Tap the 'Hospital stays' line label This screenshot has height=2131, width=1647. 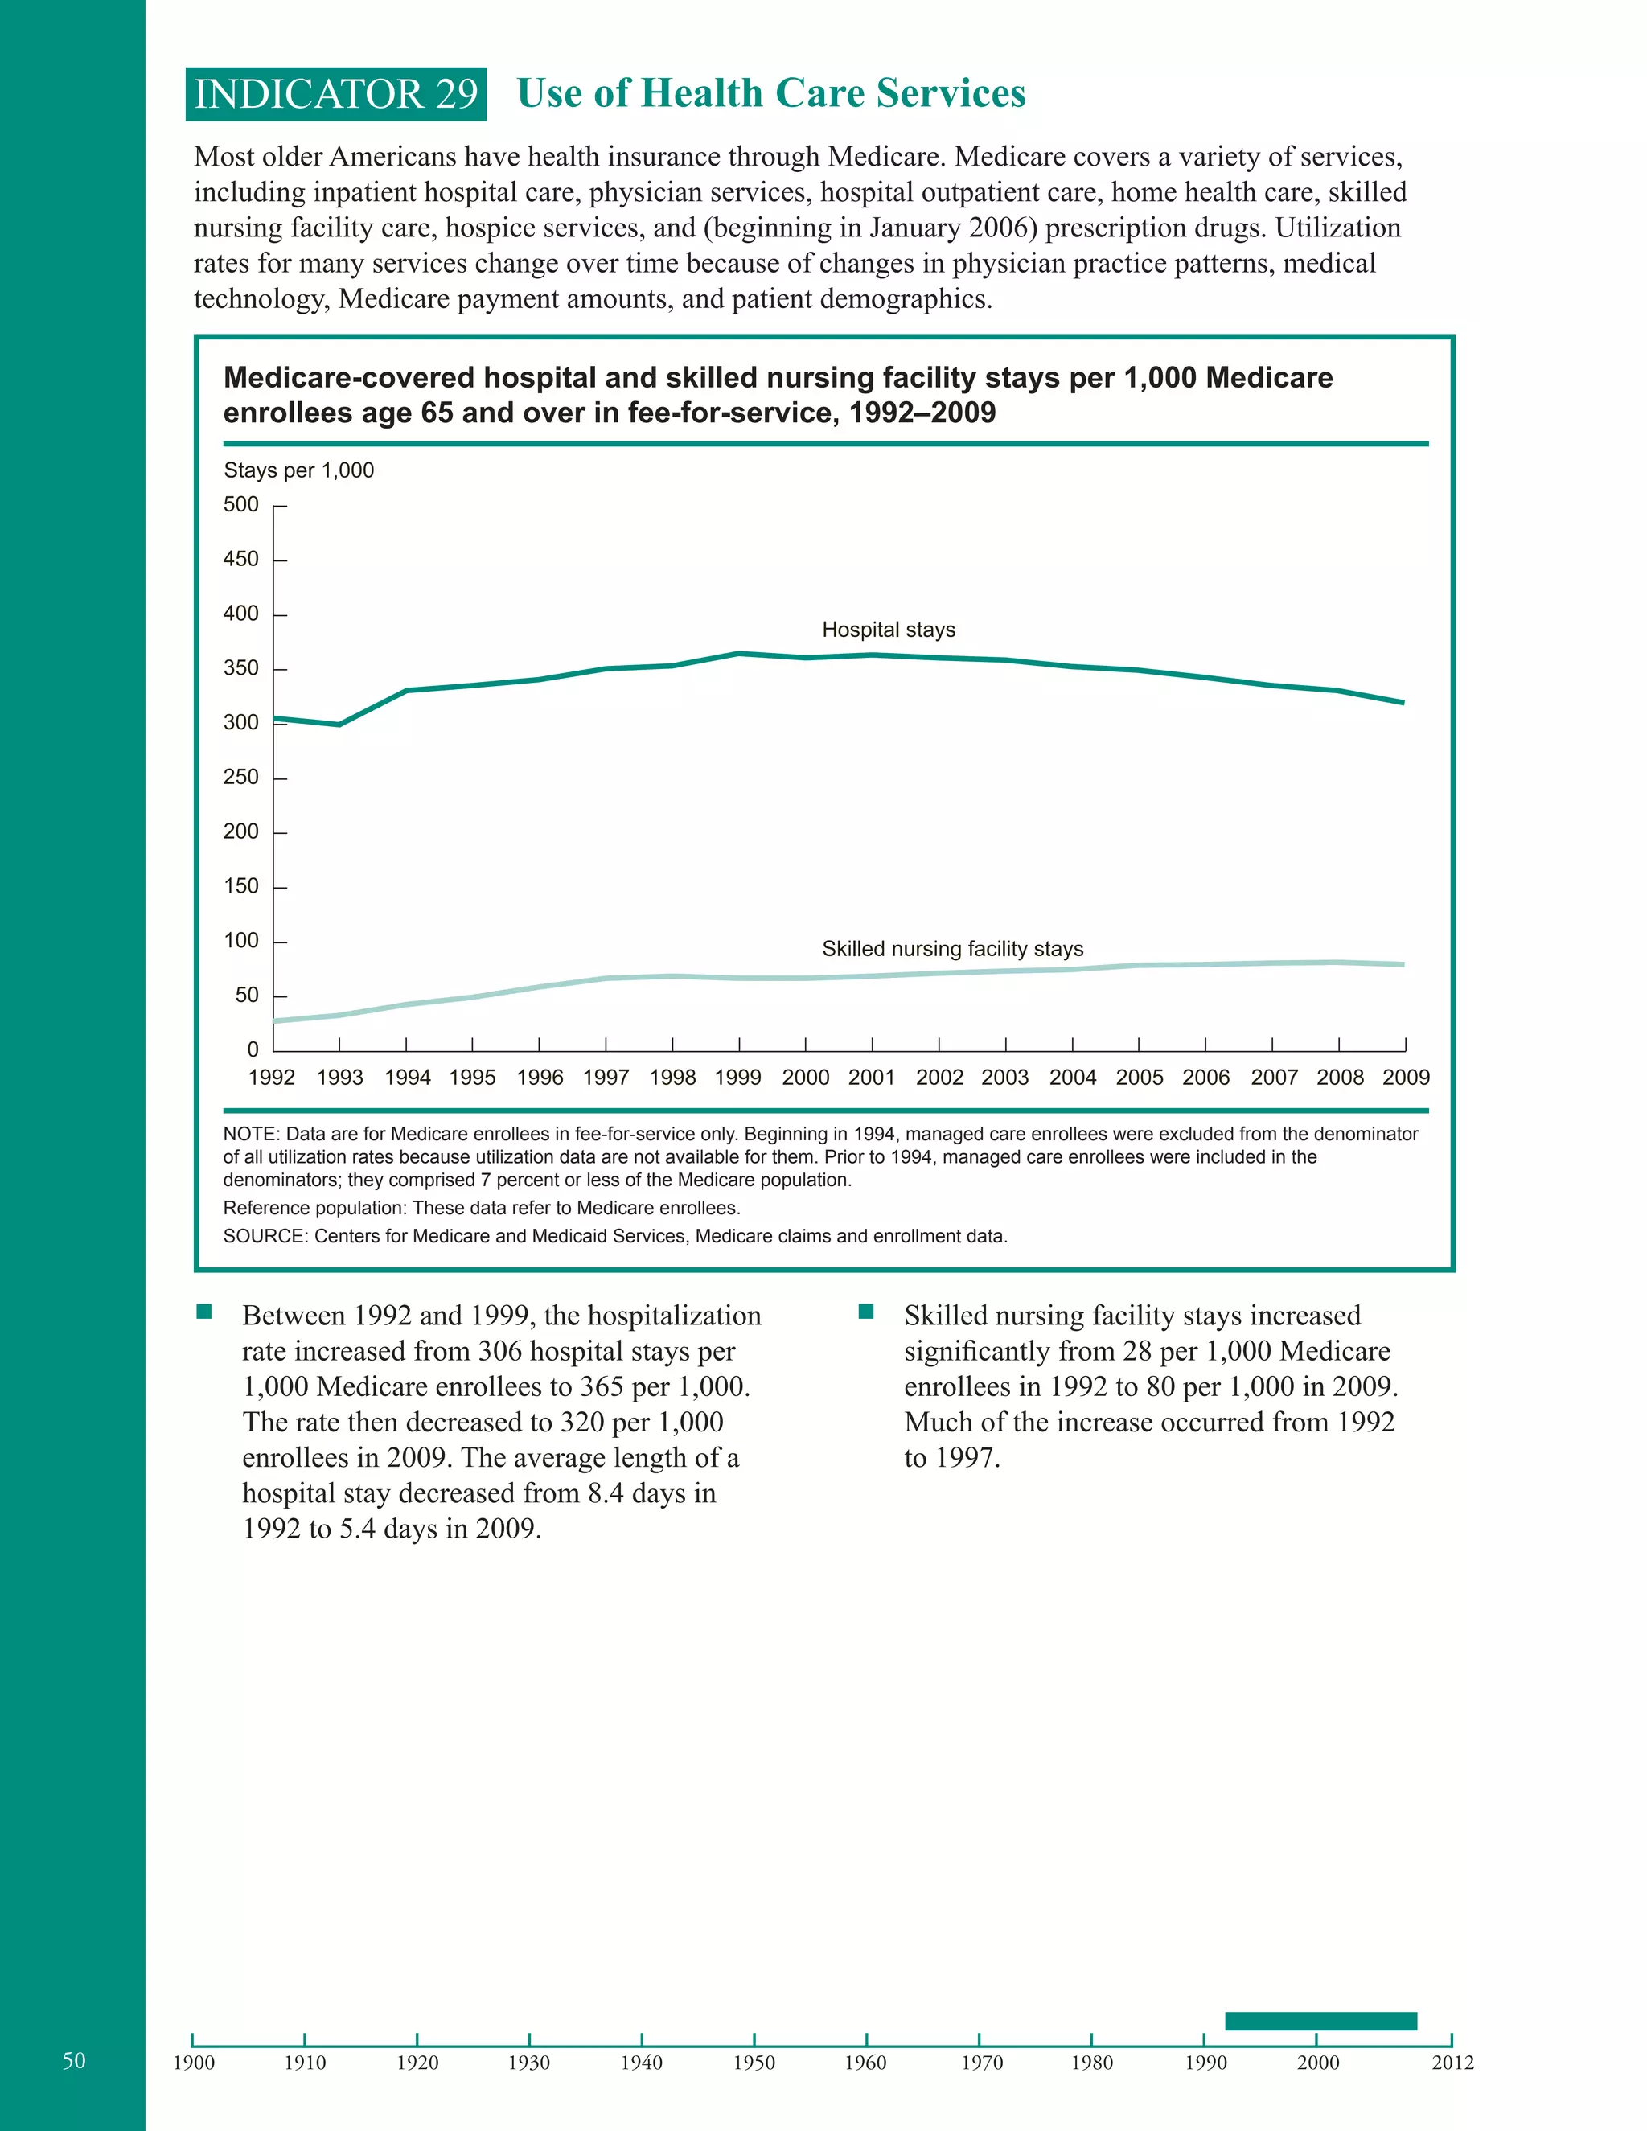[x=888, y=630]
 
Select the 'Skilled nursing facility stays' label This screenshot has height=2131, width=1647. [x=952, y=948]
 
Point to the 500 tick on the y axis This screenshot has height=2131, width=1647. [x=242, y=504]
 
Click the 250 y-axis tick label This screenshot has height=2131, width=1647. [x=242, y=778]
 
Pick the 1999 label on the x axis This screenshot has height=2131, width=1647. [x=737, y=1078]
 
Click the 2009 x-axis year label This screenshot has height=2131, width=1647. [x=1405, y=1078]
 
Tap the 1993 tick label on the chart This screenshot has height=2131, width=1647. [x=339, y=1078]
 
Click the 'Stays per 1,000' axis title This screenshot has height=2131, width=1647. [x=298, y=470]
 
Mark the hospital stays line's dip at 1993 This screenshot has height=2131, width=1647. [x=339, y=724]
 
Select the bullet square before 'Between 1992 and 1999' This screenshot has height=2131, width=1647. [x=204, y=1312]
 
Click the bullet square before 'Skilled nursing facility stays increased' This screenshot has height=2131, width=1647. [x=865, y=1312]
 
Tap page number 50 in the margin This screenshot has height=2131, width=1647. [x=74, y=2059]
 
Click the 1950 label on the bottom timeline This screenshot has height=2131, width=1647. [x=754, y=2063]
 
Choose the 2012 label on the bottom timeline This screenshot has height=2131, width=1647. [x=1452, y=2063]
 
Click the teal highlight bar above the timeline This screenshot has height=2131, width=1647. [x=1320, y=2021]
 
